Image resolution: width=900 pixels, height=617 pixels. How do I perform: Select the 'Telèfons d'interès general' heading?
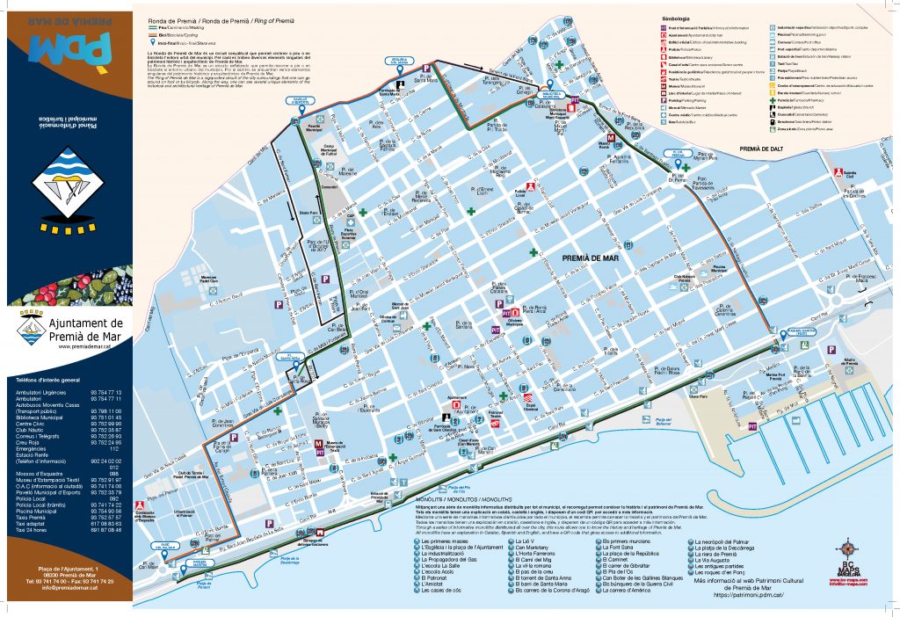click(54, 380)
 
